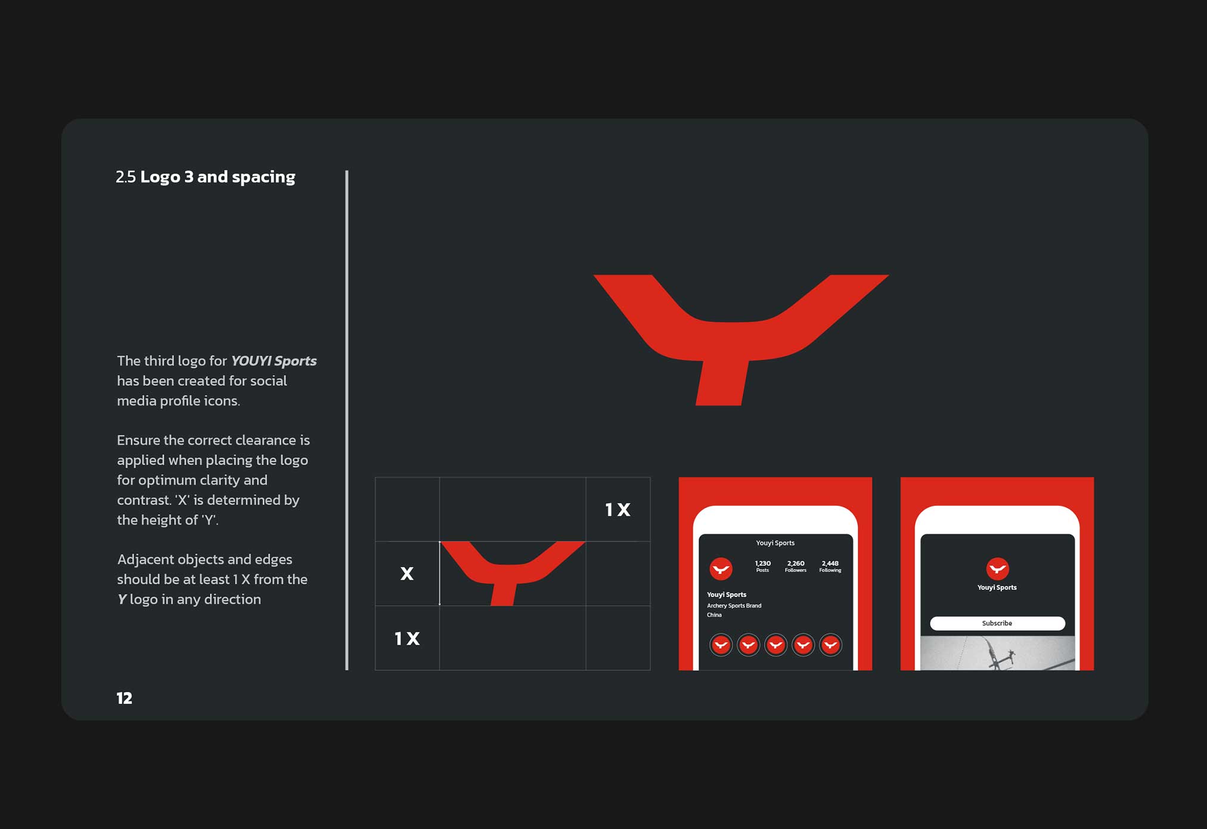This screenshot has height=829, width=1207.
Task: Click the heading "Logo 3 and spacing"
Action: (218, 177)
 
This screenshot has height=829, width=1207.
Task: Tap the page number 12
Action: (124, 698)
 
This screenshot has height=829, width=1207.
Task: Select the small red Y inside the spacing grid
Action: (513, 573)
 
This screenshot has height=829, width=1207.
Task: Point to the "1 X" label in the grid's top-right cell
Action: (618, 510)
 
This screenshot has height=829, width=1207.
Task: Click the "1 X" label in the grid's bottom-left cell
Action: (407, 639)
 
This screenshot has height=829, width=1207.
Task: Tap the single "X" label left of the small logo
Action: (407, 574)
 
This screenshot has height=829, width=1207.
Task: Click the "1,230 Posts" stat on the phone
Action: (762, 566)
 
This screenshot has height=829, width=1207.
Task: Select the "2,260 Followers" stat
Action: (796, 566)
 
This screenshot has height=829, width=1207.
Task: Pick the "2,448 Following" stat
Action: (830, 566)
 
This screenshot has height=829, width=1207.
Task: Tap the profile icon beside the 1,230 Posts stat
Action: (721, 569)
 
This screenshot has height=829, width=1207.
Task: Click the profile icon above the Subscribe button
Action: (997, 569)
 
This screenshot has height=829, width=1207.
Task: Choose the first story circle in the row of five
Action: (721, 645)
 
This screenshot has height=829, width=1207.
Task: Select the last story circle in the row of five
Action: (830, 645)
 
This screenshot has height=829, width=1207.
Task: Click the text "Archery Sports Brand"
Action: (734, 606)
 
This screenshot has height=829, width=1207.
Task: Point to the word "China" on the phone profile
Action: (714, 615)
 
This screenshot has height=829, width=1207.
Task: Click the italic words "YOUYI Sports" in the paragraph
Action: (274, 361)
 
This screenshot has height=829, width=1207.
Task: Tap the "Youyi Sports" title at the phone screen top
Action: (775, 543)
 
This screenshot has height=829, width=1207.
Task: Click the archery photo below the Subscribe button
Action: (997, 652)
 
